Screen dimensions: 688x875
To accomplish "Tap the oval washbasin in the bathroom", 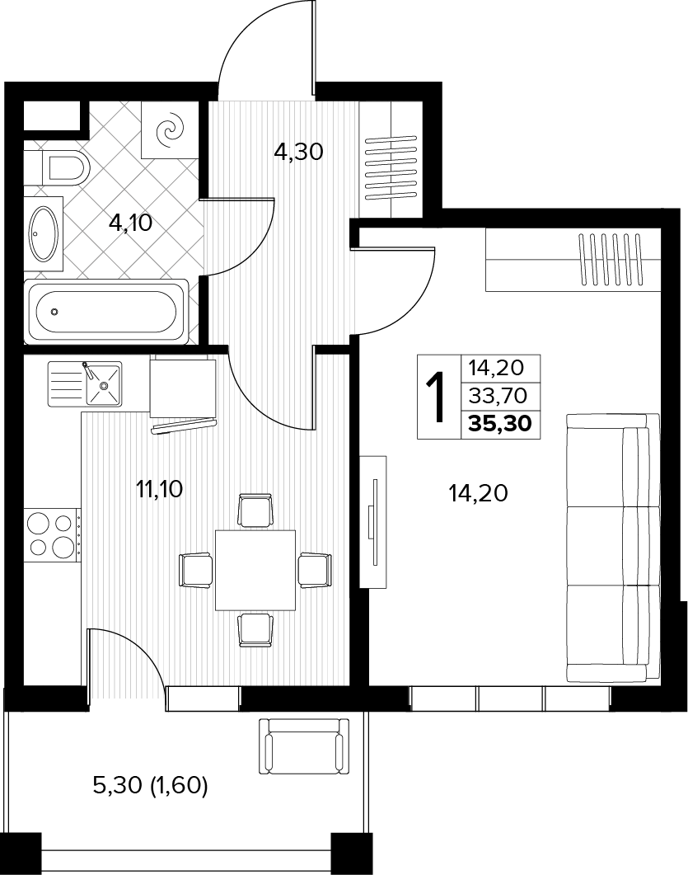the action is (44, 234).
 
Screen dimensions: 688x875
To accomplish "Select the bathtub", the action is (107, 311).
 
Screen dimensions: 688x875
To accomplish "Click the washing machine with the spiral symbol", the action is (169, 129).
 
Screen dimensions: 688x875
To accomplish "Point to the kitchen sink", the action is (85, 384).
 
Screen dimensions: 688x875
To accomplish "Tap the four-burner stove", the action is (51, 534).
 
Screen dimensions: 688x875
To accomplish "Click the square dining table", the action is (255, 571).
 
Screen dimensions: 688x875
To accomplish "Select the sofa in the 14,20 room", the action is (613, 548).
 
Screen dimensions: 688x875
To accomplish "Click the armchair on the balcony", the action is (304, 746).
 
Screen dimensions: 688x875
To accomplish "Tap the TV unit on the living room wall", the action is (373, 521).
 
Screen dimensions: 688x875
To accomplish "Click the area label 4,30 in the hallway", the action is (299, 151).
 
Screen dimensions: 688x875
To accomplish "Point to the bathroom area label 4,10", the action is (130, 223).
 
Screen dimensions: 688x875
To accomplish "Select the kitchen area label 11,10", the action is (160, 489).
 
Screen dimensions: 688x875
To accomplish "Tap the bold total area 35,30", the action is (500, 424).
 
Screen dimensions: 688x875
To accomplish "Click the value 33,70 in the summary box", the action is (498, 396).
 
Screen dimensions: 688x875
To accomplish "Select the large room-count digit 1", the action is (437, 397).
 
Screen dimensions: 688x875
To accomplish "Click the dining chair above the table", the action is (255, 510).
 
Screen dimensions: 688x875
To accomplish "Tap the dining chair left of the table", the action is (196, 570).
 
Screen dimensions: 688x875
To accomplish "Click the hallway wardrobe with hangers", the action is (391, 160).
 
